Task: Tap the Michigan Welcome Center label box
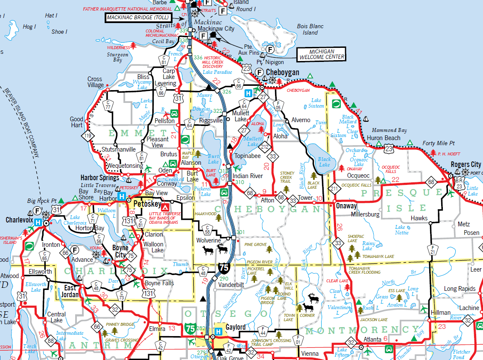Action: [321, 54]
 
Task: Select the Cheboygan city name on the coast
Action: [282, 73]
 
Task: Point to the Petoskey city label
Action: [146, 204]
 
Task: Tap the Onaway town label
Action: [346, 205]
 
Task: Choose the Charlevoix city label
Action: [20, 220]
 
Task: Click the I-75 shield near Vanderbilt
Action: [223, 268]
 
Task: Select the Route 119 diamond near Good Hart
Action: [88, 136]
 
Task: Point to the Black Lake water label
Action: [324, 162]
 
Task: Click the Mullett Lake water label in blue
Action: [252, 142]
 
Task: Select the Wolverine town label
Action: [209, 241]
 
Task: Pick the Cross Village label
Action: [95, 82]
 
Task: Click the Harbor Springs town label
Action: [100, 177]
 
